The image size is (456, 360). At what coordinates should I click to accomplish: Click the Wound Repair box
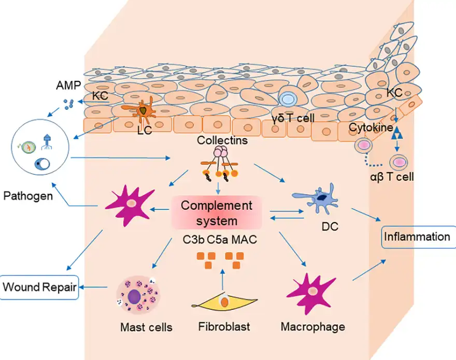[39, 286]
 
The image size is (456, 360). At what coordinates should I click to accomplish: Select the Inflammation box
[417, 237]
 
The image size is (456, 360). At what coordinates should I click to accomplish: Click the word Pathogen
[27, 196]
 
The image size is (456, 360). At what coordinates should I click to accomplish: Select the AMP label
[68, 85]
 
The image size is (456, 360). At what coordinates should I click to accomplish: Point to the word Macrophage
[312, 327]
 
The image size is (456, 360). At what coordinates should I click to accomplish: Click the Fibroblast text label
[224, 327]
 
